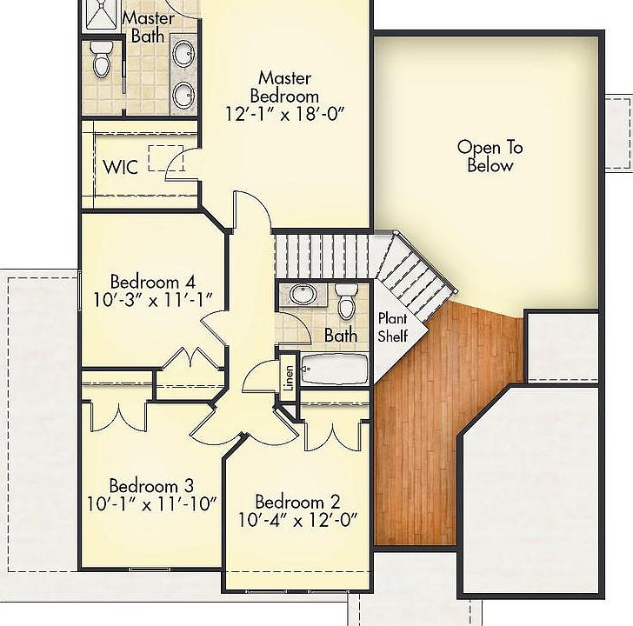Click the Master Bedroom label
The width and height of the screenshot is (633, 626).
[283, 87]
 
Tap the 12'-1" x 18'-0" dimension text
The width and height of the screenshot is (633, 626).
[283, 113]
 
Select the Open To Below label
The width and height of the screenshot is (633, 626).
[490, 156]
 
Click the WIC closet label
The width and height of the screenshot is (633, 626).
[120, 167]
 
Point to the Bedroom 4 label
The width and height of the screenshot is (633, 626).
[152, 282]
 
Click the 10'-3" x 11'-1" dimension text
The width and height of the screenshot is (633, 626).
[152, 301]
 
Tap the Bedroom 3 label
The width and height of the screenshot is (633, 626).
[151, 484]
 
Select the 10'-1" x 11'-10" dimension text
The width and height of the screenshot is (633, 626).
[151, 503]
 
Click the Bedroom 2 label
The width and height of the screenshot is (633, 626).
[297, 503]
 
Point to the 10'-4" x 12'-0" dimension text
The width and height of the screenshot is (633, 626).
[297, 522]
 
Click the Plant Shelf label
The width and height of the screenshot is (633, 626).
[392, 328]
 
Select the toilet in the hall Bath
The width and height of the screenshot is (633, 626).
[347, 302]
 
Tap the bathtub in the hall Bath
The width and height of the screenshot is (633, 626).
[335, 370]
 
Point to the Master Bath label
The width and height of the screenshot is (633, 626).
[148, 27]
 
